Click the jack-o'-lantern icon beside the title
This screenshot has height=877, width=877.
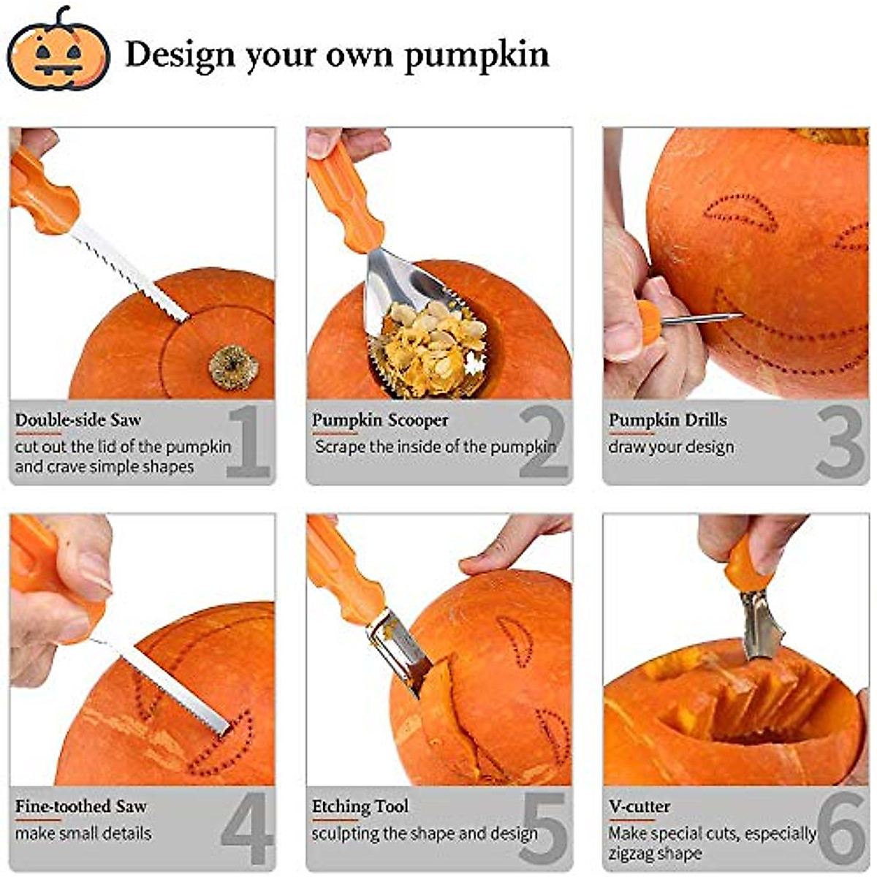[58, 51]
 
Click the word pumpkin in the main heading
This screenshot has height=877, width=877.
[476, 56]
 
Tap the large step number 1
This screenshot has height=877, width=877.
[248, 441]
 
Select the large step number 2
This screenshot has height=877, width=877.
[544, 441]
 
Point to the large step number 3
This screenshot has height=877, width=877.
[840, 441]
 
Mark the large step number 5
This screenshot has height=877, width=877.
[544, 829]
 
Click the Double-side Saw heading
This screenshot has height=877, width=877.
[78, 420]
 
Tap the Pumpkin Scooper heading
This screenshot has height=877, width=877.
[380, 420]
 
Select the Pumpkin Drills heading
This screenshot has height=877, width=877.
[668, 420]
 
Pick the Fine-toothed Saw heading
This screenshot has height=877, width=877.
[81, 807]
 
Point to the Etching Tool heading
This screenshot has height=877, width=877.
[360, 807]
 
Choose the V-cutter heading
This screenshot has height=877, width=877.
[639, 807]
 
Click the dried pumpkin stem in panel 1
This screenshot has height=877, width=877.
[233, 367]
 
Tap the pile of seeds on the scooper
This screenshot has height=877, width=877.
[431, 343]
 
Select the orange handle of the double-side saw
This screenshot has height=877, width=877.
[44, 194]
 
